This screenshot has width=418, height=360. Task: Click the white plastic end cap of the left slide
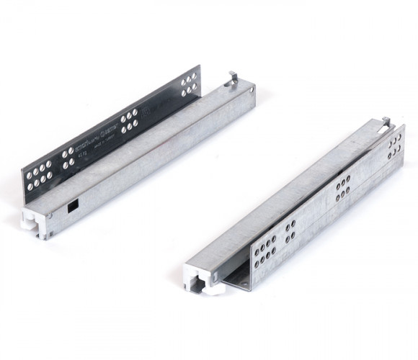38,221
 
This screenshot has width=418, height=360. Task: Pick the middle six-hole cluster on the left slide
129,122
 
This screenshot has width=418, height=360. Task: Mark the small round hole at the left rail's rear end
252,90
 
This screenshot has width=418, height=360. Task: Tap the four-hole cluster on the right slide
290,232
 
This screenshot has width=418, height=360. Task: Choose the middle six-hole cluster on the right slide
342,188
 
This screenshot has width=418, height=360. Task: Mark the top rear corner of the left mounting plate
199,67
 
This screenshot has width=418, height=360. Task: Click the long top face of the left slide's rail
144,144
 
